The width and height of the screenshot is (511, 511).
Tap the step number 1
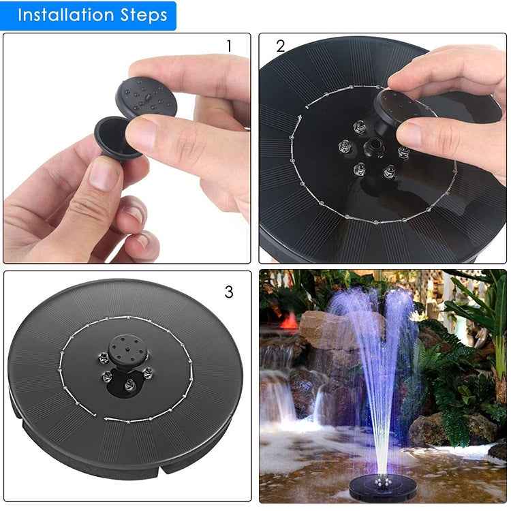[229, 46]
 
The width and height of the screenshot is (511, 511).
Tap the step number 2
[281, 46]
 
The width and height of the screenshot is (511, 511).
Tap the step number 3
[229, 292]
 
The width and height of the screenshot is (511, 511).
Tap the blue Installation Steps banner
[89, 16]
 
